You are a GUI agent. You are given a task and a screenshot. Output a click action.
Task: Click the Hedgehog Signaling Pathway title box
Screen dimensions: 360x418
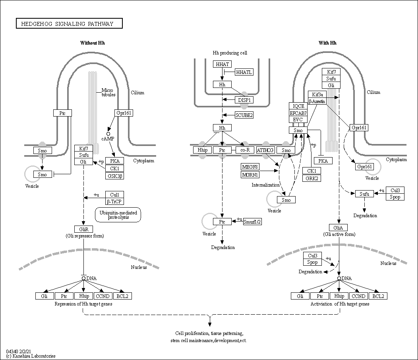tap(69, 23)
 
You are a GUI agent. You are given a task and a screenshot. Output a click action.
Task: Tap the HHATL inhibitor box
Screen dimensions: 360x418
tap(244, 72)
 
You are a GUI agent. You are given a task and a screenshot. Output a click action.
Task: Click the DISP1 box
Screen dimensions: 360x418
tap(244, 100)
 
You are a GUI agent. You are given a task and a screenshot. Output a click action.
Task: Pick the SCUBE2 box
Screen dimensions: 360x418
tap(244, 115)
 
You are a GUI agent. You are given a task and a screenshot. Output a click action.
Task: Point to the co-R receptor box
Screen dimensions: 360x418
tap(245, 150)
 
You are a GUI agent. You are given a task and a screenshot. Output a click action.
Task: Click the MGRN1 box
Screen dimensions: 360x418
tap(250, 175)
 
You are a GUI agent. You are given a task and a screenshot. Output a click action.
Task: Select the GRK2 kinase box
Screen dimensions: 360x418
tap(311, 178)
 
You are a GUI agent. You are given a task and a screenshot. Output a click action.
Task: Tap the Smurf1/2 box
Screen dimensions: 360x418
tap(253, 222)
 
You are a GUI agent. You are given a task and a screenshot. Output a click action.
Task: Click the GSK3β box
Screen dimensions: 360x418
tap(114, 176)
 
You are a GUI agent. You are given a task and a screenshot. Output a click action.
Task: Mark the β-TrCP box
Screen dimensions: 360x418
tap(114, 202)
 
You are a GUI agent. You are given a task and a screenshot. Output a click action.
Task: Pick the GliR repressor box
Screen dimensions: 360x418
tap(83, 229)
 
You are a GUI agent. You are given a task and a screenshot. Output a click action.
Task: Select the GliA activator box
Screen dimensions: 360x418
tap(339, 228)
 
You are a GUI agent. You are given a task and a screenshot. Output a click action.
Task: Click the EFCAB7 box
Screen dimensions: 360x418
tap(298, 113)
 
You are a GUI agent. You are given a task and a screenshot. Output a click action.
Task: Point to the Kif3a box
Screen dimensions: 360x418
tap(317, 94)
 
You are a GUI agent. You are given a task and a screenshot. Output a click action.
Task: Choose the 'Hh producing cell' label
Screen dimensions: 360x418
tap(230, 53)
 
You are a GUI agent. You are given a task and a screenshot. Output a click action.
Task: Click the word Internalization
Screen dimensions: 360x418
tap(265, 185)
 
